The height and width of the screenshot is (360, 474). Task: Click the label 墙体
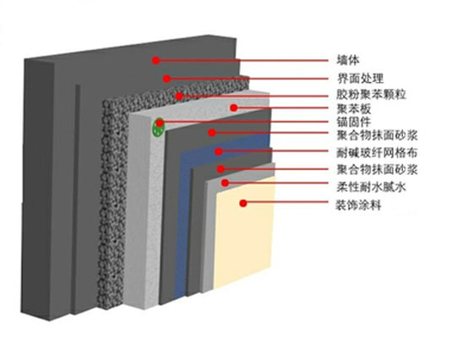[x=347, y=60]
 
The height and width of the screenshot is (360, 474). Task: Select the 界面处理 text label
[x=360, y=79]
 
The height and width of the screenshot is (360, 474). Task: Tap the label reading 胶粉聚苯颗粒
[x=371, y=95]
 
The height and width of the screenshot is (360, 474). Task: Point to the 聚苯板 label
[x=353, y=109]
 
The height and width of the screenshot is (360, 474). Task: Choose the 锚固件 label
[x=353, y=122]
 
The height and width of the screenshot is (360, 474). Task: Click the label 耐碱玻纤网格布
[x=377, y=153]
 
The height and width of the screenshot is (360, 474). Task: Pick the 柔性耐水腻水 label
[x=371, y=188]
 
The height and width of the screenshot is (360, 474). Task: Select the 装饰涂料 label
[x=358, y=205]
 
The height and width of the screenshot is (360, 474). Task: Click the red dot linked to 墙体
[x=155, y=61]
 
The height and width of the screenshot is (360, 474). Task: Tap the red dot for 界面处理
[x=166, y=79]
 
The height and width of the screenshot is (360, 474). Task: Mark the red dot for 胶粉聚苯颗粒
[x=179, y=96]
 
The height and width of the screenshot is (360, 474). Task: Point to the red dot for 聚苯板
[x=234, y=107]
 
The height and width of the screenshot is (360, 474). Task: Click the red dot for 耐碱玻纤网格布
[x=219, y=151]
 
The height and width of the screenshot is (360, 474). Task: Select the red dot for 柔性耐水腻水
[x=225, y=183]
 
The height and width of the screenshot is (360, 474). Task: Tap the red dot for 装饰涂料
[x=243, y=204]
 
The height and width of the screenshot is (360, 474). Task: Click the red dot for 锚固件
[x=160, y=123]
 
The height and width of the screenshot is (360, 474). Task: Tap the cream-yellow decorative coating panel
[x=244, y=232]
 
